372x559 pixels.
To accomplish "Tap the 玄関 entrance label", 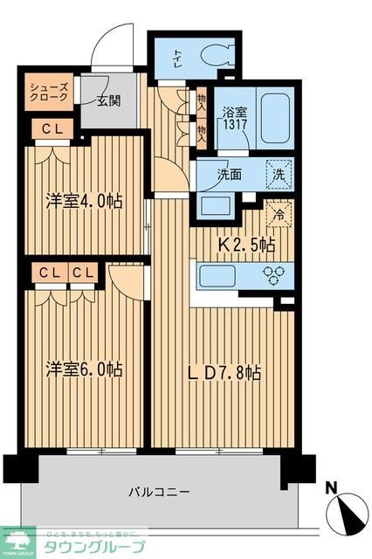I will click(x=108, y=100).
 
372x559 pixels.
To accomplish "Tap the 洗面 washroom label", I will click(x=230, y=173).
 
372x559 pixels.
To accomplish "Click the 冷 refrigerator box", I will click(x=279, y=211).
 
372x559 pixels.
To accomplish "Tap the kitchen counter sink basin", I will click(x=216, y=277).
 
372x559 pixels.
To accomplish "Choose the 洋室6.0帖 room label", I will click(x=83, y=368).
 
